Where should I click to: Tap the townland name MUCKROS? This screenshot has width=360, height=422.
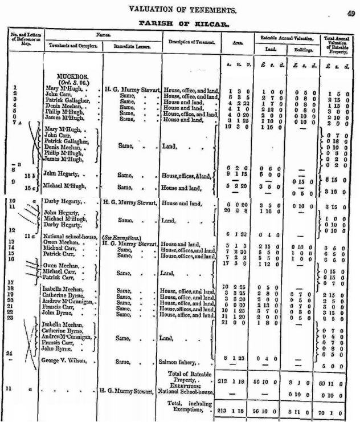pyautogui.click(x=71, y=75)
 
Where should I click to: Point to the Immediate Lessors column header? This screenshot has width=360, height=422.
pyautogui.click(x=132, y=46)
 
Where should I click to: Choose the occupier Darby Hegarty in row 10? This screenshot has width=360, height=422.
pyautogui.click(x=66, y=202)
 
